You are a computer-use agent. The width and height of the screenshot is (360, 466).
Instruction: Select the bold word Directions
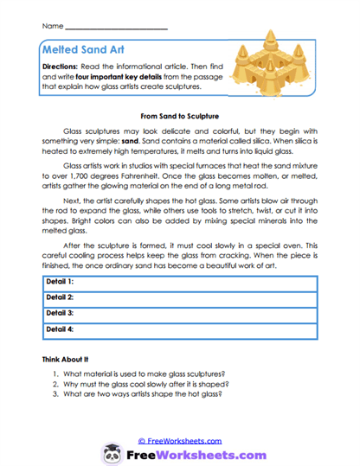click(x=63, y=67)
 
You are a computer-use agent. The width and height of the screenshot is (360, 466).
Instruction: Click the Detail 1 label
click(x=59, y=282)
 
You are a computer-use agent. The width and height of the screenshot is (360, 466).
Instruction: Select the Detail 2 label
click(x=59, y=298)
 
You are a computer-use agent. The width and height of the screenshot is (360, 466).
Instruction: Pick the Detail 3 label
click(x=59, y=313)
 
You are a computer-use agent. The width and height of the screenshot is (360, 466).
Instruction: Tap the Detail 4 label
click(x=59, y=329)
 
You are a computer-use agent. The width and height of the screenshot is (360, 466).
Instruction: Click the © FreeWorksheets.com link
click(x=179, y=440)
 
